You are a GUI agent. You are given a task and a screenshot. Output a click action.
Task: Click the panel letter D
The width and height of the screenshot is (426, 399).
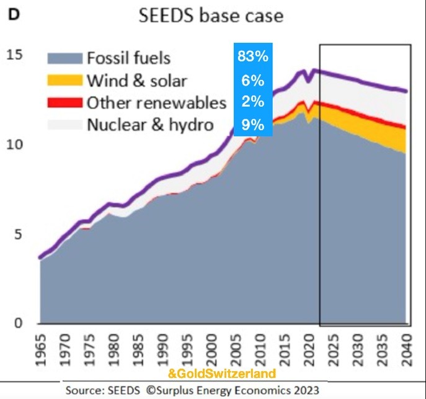(13, 14)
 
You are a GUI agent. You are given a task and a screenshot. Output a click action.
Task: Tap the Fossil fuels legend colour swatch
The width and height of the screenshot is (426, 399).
(64, 59)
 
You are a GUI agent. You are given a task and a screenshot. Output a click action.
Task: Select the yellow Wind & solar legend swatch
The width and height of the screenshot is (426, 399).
(64, 81)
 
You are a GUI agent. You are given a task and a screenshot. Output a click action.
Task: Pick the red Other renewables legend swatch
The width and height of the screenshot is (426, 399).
(64, 102)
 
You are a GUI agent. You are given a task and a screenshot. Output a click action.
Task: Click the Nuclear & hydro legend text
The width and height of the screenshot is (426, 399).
(150, 124)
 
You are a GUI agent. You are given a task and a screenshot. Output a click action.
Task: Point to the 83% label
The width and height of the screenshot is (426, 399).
(252, 57)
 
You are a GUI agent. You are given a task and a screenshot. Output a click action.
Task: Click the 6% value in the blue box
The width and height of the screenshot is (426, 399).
(252, 80)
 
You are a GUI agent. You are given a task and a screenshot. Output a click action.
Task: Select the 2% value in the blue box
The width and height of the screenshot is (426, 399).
(252, 102)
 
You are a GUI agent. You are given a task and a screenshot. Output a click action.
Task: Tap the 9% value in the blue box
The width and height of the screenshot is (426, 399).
(252, 125)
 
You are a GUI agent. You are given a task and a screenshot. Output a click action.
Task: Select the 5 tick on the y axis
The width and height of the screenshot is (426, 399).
(19, 235)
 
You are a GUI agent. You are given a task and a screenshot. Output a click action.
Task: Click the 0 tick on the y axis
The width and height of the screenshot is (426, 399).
(19, 323)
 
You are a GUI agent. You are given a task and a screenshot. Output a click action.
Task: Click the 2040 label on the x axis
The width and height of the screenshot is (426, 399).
(406, 347)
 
